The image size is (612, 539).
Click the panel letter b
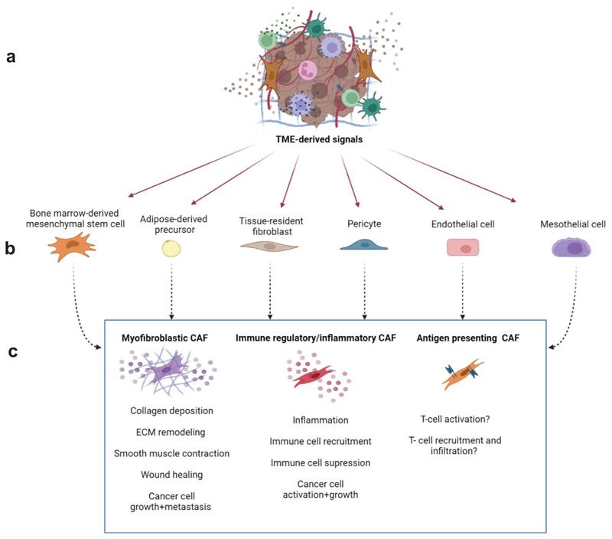coord(11,248)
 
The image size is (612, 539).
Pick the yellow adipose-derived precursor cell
coord(171,248)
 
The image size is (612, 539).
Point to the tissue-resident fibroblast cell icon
coord(269,247)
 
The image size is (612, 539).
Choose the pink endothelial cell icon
coord(463,247)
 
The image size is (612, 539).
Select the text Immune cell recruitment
coord(321,441)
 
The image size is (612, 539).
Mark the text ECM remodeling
coord(171,432)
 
